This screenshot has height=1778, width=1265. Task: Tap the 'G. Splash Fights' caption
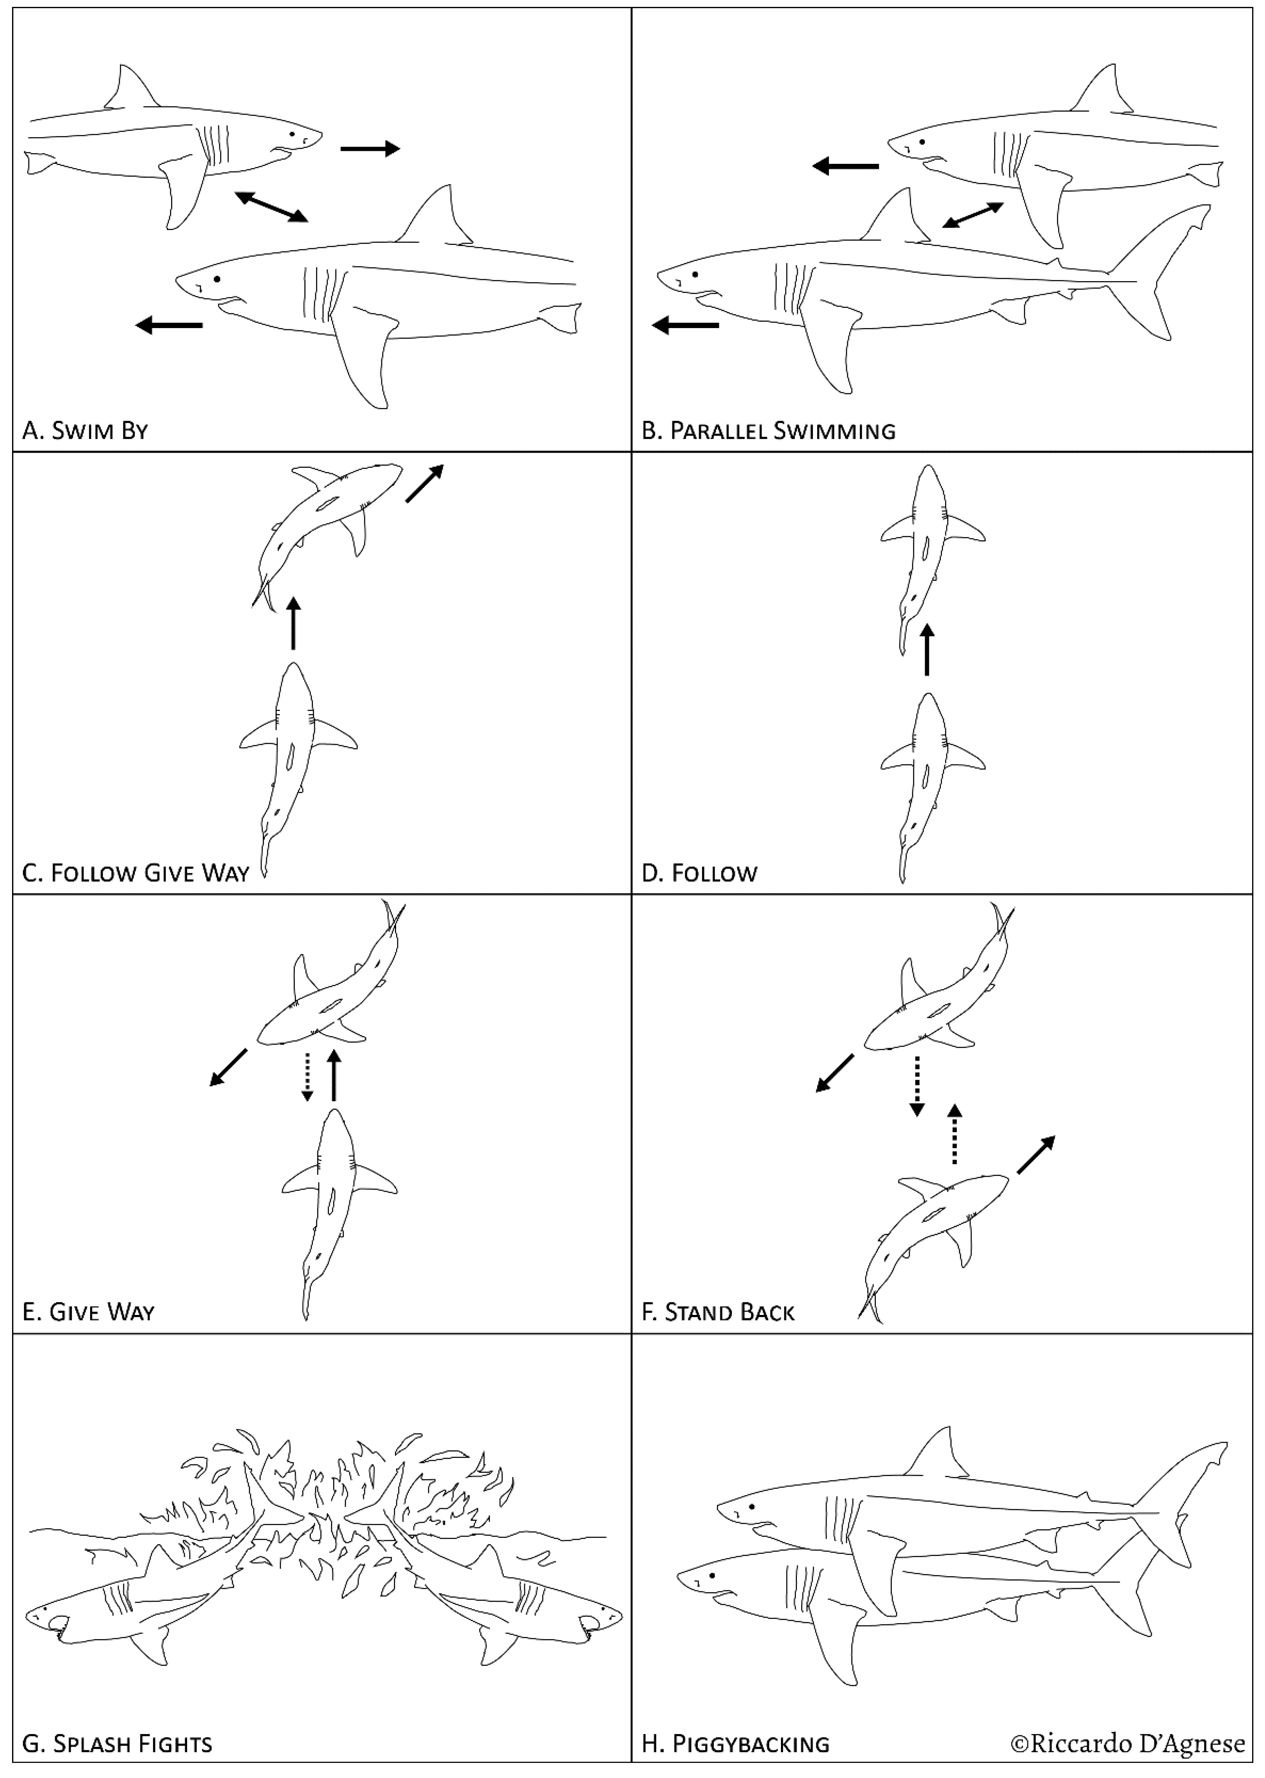click(x=117, y=1744)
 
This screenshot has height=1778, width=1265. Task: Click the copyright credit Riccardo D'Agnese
click(x=1127, y=1743)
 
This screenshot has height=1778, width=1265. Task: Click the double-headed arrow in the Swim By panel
click(x=271, y=207)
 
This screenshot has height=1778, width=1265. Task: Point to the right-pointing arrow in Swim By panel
click(x=370, y=148)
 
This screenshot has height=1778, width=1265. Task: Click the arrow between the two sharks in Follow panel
click(x=926, y=650)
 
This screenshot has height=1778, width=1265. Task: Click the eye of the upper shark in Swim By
click(x=293, y=134)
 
